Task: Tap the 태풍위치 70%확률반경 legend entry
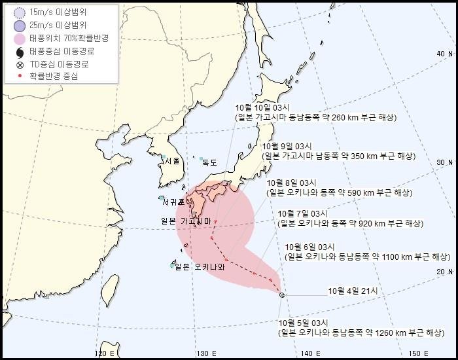68,38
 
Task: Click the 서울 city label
172,160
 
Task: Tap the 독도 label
209,162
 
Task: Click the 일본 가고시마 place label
186,221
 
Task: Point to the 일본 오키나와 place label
199,266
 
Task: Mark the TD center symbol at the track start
281,296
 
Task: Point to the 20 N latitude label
445,272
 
